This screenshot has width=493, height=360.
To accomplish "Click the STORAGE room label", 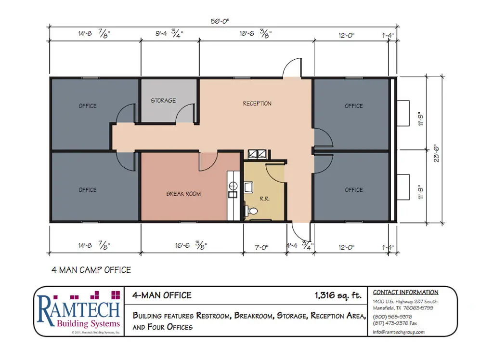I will click(163, 101).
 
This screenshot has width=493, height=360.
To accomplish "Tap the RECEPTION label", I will click(257, 104).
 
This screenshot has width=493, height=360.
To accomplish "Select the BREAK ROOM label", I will click(183, 194).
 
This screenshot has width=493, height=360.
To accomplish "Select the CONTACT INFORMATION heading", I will click(405, 292).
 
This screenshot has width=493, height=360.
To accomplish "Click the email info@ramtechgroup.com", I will click(399, 332).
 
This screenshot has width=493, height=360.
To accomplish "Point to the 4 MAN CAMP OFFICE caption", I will click(91, 270).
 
